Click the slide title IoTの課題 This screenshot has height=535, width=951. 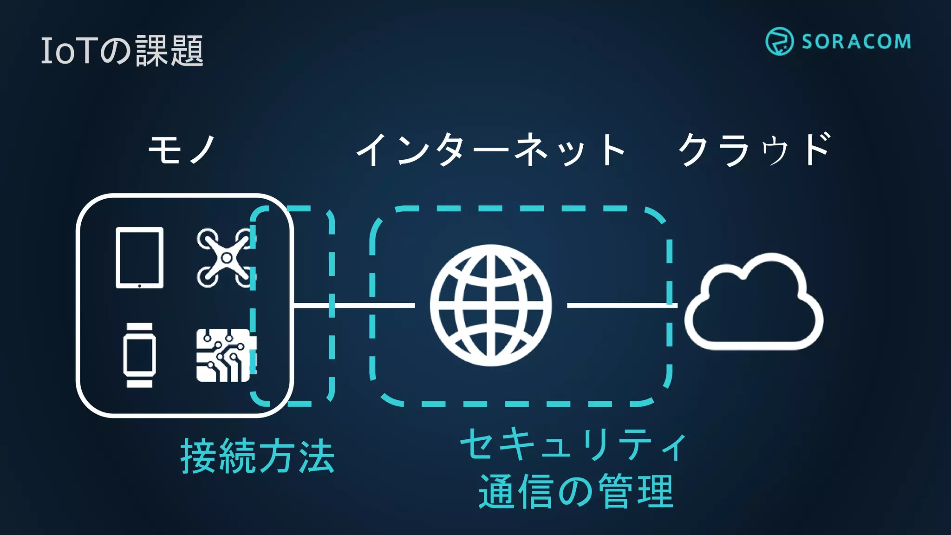(122, 51)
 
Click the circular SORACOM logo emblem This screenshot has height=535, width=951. (779, 41)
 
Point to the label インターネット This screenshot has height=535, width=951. (490, 150)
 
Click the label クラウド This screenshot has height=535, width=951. (755, 150)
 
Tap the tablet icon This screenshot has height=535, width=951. (139, 257)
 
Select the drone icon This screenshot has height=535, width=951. (226, 257)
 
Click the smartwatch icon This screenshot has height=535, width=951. (139, 355)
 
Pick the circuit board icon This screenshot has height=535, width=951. (225, 355)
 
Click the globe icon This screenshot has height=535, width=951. (491, 305)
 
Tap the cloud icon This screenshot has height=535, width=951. (753, 304)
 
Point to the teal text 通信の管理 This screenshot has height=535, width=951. (576, 491)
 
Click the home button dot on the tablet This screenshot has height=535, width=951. (139, 286)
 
